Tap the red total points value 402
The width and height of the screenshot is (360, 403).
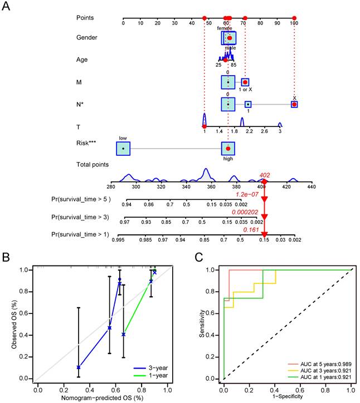pos(265,175)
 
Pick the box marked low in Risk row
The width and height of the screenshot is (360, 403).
pos(123,149)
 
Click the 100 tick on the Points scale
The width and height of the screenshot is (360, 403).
pos(294,23)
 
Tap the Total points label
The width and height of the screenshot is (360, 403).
pos(93,165)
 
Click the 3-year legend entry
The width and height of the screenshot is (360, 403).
pos(158,368)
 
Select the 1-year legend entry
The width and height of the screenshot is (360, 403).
pos(158,376)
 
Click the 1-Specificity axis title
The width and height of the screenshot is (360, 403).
pos(288,397)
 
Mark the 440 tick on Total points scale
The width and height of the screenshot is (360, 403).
pos(311,188)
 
